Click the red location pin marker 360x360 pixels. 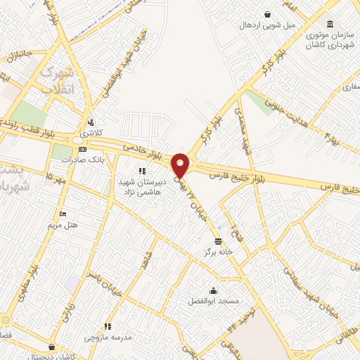tap(180, 165)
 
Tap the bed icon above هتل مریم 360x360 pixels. tap(63, 214)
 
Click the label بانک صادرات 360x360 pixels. tap(77, 160)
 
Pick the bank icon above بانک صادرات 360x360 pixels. tap(82, 150)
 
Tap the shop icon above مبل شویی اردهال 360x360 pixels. tap(267, 14)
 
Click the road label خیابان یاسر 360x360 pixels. tap(103, 266)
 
